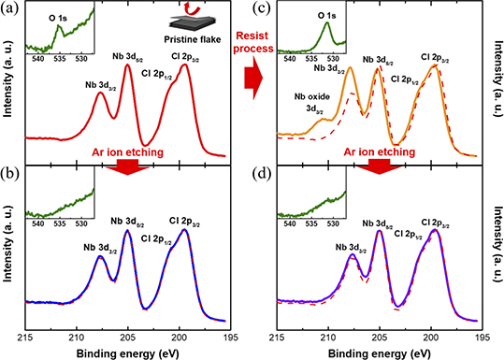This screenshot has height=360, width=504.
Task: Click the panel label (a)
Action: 9,8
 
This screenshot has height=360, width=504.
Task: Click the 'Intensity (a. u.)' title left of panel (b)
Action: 8,247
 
